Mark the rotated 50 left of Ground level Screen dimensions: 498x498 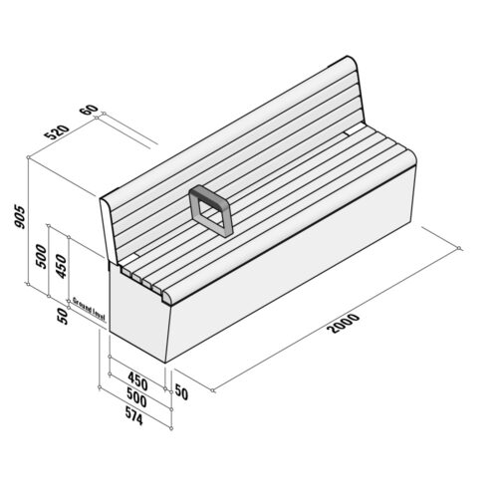click(x=61, y=315)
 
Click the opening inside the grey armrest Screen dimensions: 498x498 click(x=210, y=211)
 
